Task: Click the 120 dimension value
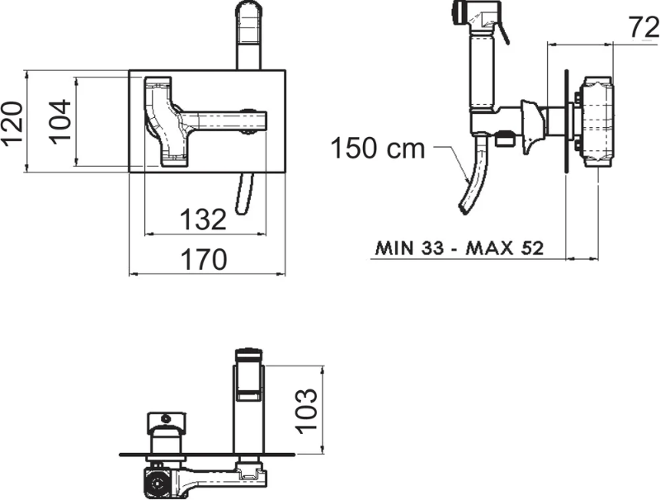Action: click(x=12, y=122)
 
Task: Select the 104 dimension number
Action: click(x=59, y=121)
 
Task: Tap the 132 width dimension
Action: click(x=203, y=219)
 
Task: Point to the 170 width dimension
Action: click(x=204, y=259)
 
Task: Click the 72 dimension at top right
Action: click(x=644, y=27)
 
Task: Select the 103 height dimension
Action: click(x=307, y=411)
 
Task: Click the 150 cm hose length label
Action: click(x=378, y=148)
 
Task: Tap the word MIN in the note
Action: click(x=394, y=248)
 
